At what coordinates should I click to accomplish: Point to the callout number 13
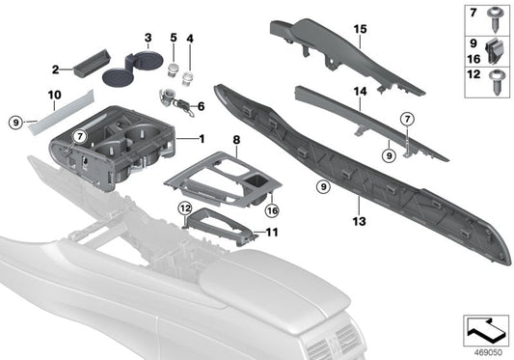[x=359, y=204]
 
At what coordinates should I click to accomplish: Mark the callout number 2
[x=55, y=69]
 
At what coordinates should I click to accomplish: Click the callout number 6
[x=201, y=106]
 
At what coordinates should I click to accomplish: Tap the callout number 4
[x=189, y=39]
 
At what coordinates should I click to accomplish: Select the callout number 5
[x=172, y=39]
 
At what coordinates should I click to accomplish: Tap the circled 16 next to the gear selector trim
[x=272, y=208]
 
